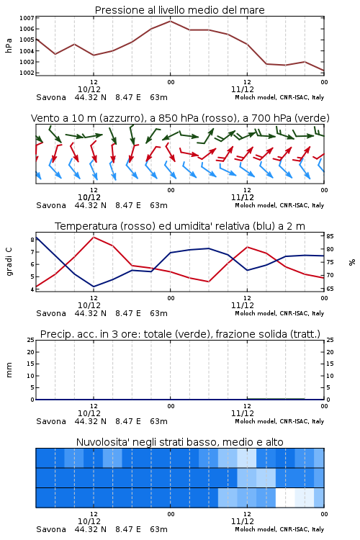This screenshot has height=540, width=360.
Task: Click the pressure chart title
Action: click(179, 10)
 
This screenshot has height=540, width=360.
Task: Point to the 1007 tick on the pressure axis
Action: click(27, 18)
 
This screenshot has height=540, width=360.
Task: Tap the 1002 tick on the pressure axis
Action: click(27, 73)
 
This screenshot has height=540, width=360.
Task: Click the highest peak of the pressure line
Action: click(170, 21)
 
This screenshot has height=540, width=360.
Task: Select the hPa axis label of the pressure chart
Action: click(9, 45)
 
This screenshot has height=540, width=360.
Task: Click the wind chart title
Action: click(180, 118)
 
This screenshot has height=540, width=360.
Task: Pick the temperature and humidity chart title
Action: click(180, 226)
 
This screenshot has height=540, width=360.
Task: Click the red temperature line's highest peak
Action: click(94, 237)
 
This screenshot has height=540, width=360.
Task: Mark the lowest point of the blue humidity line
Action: click(94, 287)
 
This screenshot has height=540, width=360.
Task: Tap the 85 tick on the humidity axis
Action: click(330, 236)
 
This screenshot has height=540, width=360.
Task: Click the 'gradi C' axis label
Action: click(9, 261)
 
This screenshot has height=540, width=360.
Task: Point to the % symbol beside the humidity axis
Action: click(352, 262)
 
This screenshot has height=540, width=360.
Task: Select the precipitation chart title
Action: click(180, 334)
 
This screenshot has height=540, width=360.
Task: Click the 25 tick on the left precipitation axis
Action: click(31, 340)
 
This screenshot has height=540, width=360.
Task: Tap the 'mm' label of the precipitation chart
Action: click(9, 370)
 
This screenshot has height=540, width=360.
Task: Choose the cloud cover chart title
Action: click(179, 442)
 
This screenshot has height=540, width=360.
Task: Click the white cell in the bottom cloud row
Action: click(285, 498)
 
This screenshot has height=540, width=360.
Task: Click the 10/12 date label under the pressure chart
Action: click(89, 89)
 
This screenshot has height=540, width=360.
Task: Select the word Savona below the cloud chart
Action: click(51, 529)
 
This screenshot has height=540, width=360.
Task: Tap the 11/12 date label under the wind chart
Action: click(243, 198)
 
